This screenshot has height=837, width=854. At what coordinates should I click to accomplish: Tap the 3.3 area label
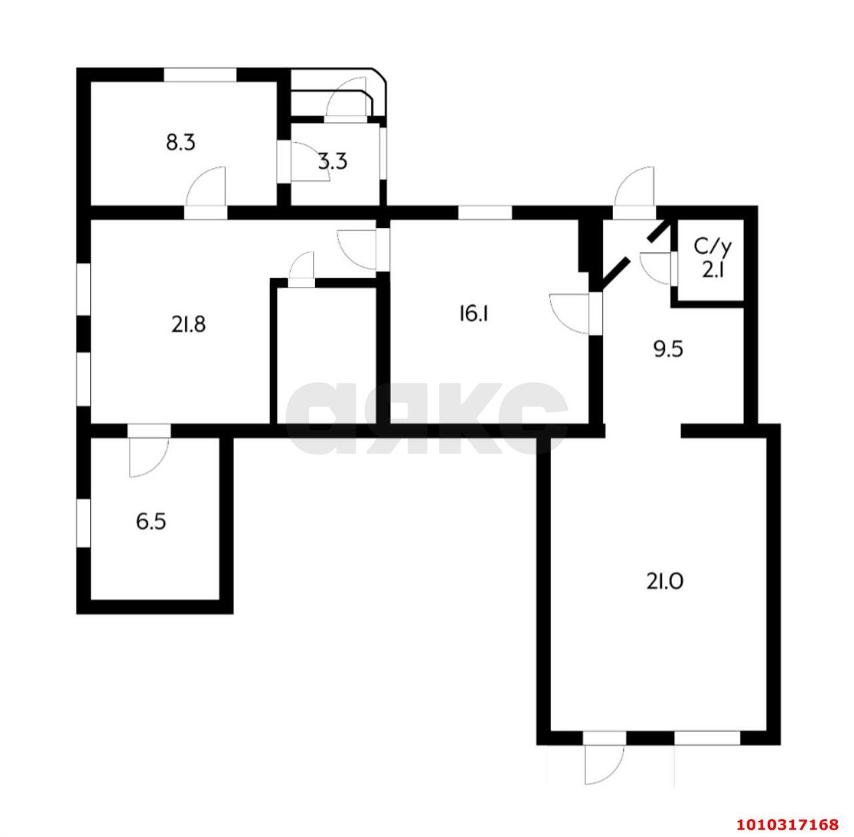pos(332,162)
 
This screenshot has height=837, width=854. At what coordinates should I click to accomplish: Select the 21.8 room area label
pos(187,325)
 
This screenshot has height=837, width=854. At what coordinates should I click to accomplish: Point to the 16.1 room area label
pos(474,313)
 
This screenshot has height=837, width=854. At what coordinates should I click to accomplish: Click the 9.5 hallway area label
pos(669,349)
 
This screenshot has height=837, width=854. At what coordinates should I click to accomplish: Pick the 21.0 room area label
pos(664,582)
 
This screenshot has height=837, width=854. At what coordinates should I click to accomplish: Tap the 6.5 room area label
pos(151,521)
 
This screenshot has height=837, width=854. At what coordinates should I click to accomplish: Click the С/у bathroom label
pos(713,247)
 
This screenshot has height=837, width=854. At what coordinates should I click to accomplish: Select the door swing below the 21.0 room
pos(604,764)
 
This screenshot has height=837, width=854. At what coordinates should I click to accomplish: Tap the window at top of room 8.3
pos(201,75)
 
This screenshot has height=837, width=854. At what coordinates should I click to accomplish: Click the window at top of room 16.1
pos(484,213)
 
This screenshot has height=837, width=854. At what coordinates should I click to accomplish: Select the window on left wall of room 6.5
pos(83,523)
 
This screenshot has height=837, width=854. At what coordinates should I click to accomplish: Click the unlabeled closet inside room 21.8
pos(324,354)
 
